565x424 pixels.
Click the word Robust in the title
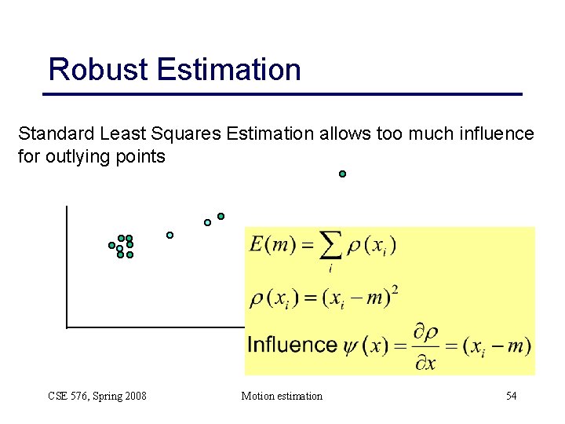coord(99,70)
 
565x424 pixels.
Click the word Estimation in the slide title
coord(228,70)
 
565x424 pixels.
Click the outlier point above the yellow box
coord(342,174)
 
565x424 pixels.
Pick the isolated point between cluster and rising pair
coord(169,235)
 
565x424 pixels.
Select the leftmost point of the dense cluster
coord(111,246)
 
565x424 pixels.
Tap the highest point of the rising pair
coord(221,216)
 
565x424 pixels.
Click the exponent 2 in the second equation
coord(394,291)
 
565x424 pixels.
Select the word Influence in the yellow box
coord(292,345)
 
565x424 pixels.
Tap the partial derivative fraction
coord(425,346)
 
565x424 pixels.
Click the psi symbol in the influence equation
coord(350,345)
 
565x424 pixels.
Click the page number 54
coord(511,396)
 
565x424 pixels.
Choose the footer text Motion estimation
coord(282,396)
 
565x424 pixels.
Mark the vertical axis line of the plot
coord(67,267)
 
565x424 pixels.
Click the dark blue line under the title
coord(282,94)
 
